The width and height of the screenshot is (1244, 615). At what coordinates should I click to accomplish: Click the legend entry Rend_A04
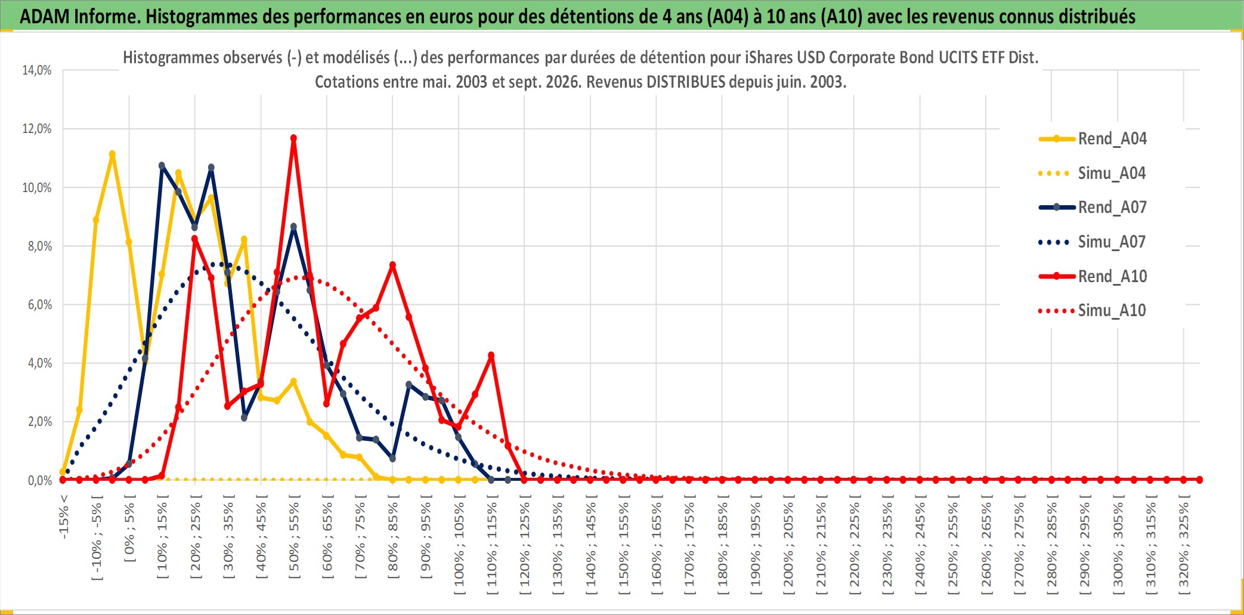point(1093,139)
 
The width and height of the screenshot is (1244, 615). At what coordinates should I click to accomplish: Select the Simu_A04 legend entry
point(1093,174)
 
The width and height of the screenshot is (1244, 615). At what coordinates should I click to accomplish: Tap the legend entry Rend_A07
point(1093,208)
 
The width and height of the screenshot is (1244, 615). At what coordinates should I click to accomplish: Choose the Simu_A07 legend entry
point(1093,242)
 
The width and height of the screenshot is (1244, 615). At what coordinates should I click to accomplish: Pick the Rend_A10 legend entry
point(1093,276)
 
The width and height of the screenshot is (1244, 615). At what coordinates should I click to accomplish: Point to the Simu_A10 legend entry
point(1093,311)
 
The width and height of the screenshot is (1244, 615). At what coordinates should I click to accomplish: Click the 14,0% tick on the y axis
point(37,70)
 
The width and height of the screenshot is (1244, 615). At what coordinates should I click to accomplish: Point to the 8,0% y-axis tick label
point(40,246)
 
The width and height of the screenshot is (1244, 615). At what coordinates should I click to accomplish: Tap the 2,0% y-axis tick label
point(40,421)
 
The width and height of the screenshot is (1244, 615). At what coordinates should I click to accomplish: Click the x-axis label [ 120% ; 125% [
point(525,545)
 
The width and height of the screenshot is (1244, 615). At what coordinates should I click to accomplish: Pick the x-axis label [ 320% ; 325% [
point(1184,545)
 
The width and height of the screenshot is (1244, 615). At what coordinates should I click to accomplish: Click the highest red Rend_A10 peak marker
point(293,138)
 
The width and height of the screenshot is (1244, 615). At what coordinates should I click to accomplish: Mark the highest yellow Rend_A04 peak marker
point(112,154)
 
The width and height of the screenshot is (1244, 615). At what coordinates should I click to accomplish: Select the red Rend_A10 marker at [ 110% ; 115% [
point(491,356)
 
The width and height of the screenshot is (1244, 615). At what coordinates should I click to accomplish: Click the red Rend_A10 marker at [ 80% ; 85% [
point(392,265)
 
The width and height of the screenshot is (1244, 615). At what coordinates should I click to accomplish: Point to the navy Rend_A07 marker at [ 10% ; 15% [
point(162,166)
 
